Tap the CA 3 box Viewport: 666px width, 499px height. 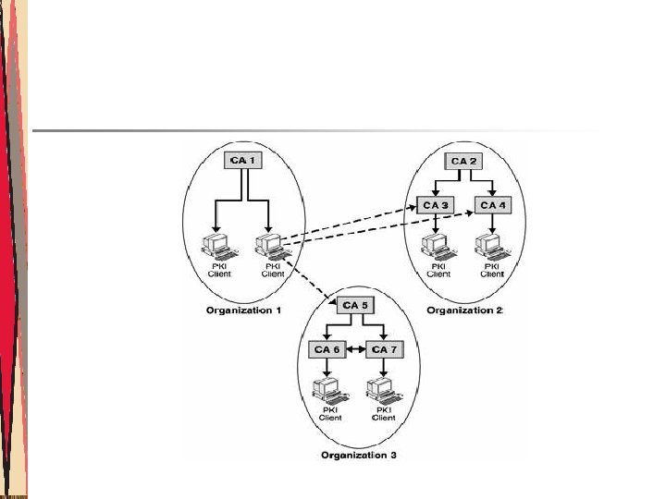pyautogui.click(x=433, y=204)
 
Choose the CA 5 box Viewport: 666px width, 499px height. pyautogui.click(x=355, y=306)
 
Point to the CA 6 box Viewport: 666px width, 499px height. pyautogui.click(x=326, y=349)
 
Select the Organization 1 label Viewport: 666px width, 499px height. pyautogui.click(x=244, y=310)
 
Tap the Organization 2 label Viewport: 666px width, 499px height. pyautogui.click(x=464, y=310)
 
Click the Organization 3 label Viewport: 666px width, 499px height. pyautogui.click(x=357, y=455)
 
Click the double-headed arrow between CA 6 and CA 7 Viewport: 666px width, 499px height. pyautogui.click(x=353, y=349)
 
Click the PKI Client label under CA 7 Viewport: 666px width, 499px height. pyautogui.click(x=383, y=414)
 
